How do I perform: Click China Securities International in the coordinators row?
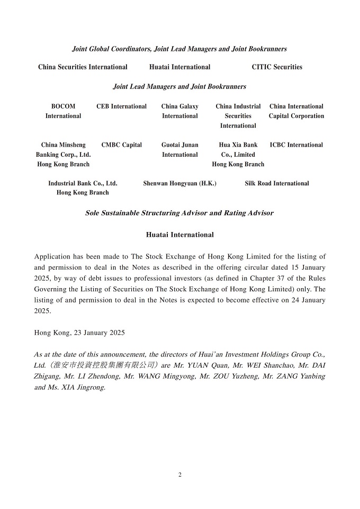click(83, 67)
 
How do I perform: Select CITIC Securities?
click(277, 67)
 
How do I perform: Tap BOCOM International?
click(63, 111)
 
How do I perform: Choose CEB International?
click(121, 106)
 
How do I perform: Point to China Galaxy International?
click(180, 111)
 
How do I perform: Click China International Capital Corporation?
click(296, 111)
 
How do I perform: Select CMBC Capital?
click(121, 145)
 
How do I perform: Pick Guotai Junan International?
click(180, 150)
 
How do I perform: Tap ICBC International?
click(296, 145)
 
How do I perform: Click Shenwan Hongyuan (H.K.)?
click(179, 184)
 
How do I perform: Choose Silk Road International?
click(277, 184)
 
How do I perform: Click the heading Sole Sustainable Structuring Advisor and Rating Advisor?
click(179, 213)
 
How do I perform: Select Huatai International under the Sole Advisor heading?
click(179, 235)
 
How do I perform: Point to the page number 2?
click(180, 475)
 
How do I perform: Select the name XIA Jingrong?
click(87, 388)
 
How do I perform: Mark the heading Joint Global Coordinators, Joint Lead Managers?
click(179, 49)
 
